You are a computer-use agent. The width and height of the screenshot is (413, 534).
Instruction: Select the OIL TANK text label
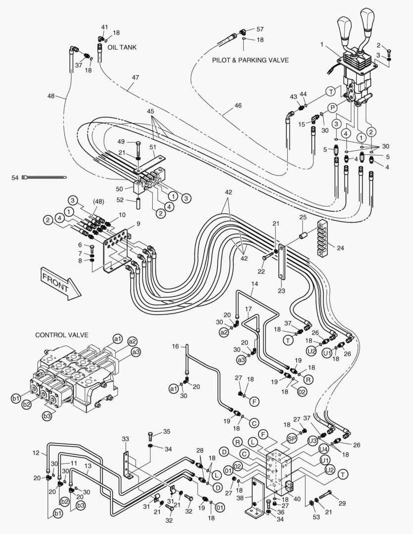pyautogui.click(x=120, y=47)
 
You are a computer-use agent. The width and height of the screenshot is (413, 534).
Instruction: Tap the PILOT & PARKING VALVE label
pyautogui.click(x=250, y=60)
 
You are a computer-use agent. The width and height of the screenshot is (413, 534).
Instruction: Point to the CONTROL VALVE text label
pyautogui.click(x=61, y=335)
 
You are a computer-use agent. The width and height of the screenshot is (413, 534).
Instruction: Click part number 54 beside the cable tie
pyautogui.click(x=15, y=177)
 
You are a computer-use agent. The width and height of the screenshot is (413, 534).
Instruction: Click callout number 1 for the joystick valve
pyautogui.click(x=322, y=44)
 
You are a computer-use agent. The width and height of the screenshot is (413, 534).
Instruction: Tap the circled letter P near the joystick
pyautogui.click(x=332, y=107)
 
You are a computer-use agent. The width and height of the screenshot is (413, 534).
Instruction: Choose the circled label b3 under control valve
pyautogui.click(x=47, y=416)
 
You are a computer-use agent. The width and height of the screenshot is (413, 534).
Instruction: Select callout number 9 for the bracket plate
pyautogui.click(x=138, y=223)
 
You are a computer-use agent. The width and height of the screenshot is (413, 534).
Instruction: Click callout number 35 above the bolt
pyautogui.click(x=167, y=432)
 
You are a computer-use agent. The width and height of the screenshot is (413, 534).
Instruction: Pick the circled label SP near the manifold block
pyautogui.click(x=292, y=439)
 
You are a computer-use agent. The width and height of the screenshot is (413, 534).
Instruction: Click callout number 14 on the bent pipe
pyautogui.click(x=255, y=284)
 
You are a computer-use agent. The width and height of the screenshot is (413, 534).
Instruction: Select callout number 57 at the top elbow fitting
pyautogui.click(x=260, y=30)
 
